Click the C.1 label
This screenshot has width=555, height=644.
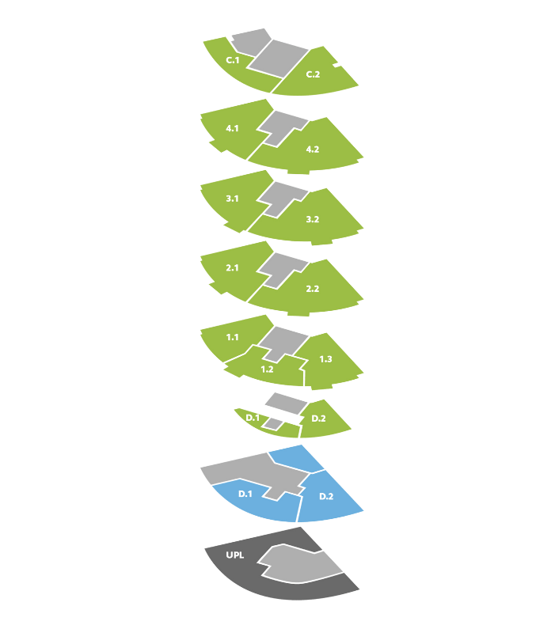(x=232, y=60)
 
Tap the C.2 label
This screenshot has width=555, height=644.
(x=313, y=74)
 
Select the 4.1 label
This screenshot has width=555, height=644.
(x=232, y=128)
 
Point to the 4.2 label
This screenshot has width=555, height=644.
(x=313, y=150)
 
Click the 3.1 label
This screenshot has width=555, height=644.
(x=232, y=199)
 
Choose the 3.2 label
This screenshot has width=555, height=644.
(x=313, y=219)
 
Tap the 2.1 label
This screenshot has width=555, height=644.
(x=232, y=267)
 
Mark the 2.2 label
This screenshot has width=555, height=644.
(x=313, y=289)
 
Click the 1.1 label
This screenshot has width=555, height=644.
(x=232, y=337)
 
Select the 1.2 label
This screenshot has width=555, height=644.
(x=267, y=369)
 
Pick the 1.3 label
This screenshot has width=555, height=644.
(x=325, y=359)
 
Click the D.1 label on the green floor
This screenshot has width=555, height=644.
(x=253, y=418)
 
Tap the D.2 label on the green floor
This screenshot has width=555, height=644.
(x=318, y=419)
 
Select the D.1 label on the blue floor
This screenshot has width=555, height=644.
(x=245, y=494)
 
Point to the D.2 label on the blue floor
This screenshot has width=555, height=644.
(x=326, y=497)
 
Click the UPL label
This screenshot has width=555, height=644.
(x=234, y=555)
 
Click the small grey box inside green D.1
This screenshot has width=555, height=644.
(x=273, y=423)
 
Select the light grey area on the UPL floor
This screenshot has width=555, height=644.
(x=300, y=565)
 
